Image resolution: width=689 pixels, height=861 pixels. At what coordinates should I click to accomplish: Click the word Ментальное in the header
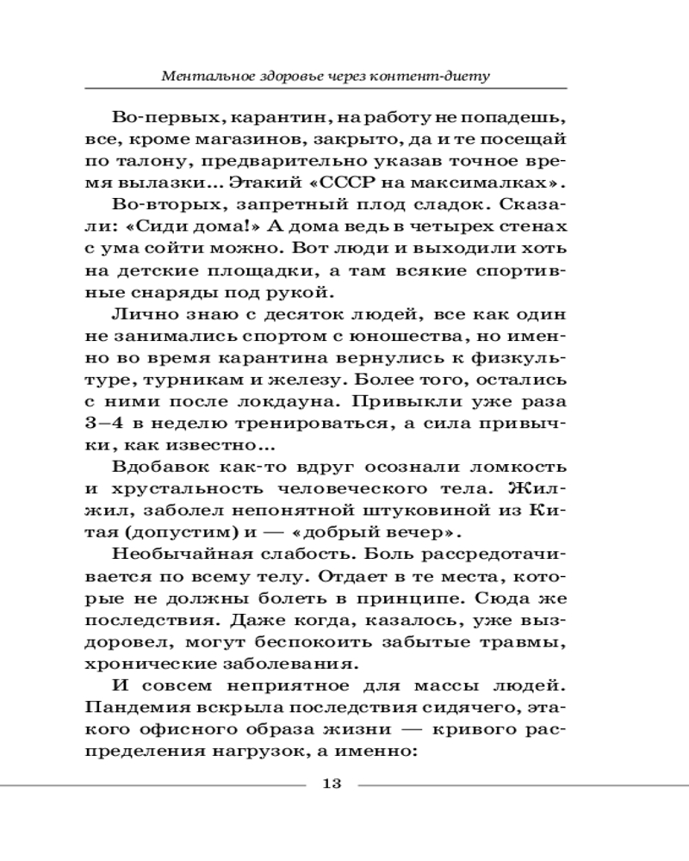tap(207, 76)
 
